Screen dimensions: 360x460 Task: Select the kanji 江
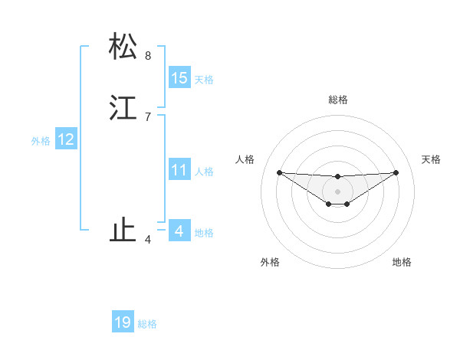[x=123, y=107]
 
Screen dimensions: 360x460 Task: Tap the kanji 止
[x=123, y=231]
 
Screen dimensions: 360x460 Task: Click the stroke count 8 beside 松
[x=148, y=56]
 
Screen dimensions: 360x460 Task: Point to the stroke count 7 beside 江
[x=148, y=117]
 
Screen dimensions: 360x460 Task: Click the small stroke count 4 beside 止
[x=148, y=241]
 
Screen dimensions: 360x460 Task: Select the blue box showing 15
[x=179, y=78]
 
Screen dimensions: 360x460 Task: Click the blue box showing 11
[x=179, y=170]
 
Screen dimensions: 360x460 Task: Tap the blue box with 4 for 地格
[x=179, y=231]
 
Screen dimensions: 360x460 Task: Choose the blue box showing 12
[x=66, y=139]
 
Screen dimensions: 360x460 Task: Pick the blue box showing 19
[x=123, y=322]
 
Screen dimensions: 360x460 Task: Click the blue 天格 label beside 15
[x=204, y=80]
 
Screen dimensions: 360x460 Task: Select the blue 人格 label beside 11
[x=204, y=172]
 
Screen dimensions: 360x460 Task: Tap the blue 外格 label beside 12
[x=41, y=141]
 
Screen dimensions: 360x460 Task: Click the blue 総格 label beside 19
[x=147, y=324]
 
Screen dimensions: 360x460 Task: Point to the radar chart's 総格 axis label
[x=338, y=100]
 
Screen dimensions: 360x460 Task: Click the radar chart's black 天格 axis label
[x=431, y=159]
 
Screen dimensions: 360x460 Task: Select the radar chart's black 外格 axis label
[x=270, y=262]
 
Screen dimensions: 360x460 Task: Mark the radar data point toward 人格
[x=280, y=172]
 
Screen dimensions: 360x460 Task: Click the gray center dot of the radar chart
[x=338, y=191]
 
